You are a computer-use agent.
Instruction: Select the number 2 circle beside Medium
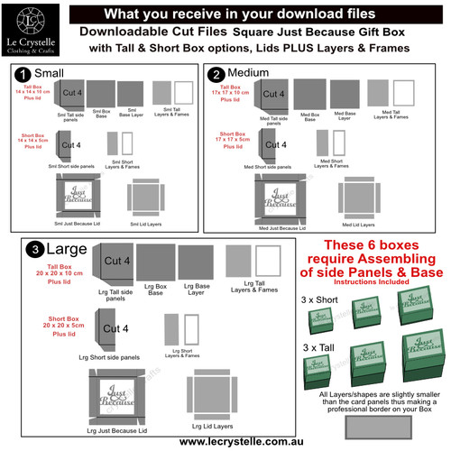[216, 73]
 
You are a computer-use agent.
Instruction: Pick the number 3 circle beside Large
[33, 250]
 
